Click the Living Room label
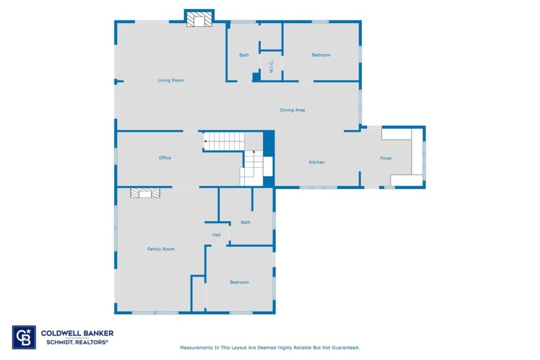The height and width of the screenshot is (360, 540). (x=171, y=80)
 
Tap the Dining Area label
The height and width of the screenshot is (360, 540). (x=292, y=110)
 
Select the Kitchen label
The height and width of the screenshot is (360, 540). (x=316, y=162)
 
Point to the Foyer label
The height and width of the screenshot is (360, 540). (x=386, y=158)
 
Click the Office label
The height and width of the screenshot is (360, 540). (x=165, y=157)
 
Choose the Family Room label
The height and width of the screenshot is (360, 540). (x=161, y=249)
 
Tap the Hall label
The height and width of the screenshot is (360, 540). (x=217, y=235)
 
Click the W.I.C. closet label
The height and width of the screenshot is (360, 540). (x=271, y=66)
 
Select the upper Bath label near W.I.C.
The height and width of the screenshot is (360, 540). (x=244, y=55)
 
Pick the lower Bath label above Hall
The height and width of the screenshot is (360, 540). (x=246, y=222)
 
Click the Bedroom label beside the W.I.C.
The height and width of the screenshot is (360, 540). (x=321, y=55)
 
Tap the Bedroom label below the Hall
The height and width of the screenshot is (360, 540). (x=239, y=282)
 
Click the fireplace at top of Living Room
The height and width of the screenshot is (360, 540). (x=199, y=21)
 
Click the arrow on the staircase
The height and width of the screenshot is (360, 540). (x=206, y=141)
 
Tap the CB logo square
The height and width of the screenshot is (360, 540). (x=24, y=337)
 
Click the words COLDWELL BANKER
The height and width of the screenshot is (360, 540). (x=77, y=333)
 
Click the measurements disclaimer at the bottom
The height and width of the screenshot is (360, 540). (x=269, y=348)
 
